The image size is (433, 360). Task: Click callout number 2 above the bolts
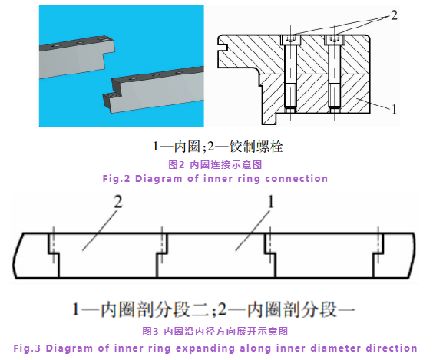394,15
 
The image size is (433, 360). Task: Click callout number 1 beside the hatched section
395,109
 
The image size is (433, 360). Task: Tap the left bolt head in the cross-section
290,40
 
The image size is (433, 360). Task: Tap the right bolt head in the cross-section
334,40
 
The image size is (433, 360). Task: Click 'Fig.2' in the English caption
116,179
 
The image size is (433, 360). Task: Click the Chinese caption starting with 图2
215,165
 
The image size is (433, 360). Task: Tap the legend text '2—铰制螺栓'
245,147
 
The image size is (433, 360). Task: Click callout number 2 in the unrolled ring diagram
118,202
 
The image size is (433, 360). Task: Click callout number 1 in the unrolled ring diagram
271,202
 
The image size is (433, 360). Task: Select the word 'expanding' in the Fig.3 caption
205,348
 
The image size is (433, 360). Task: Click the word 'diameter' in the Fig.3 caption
335,348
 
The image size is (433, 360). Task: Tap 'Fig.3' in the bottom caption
27,348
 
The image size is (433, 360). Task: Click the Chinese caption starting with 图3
215,331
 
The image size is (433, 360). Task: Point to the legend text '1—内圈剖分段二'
140,309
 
